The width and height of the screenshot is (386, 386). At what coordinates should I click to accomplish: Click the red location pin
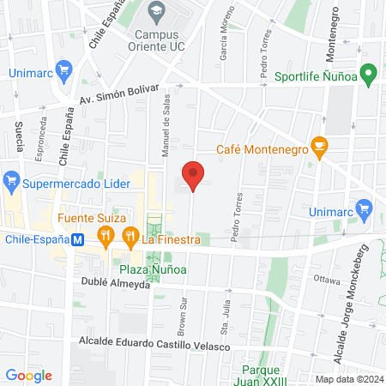click(194, 175)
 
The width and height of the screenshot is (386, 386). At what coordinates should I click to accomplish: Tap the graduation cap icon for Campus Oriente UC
click(155, 11)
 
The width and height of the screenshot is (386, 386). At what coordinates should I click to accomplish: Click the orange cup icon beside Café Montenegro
click(318, 148)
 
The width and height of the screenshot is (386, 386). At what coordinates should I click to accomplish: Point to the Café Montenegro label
click(262, 148)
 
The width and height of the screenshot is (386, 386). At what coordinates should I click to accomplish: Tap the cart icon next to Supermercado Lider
click(12, 183)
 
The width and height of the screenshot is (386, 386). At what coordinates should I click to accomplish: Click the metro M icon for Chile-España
click(78, 240)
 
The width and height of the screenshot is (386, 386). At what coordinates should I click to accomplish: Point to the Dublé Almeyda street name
click(115, 282)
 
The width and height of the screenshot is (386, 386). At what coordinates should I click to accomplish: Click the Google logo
click(28, 375)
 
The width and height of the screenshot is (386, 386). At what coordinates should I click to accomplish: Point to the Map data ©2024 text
click(348, 379)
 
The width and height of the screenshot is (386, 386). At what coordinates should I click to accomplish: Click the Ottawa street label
click(328, 279)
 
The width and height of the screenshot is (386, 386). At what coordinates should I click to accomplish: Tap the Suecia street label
click(19, 136)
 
